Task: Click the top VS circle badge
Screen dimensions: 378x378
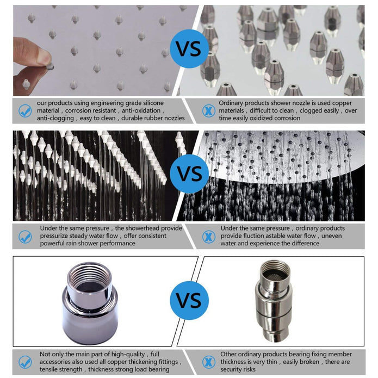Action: pos(189,49)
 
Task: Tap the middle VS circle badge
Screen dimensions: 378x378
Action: pos(189,174)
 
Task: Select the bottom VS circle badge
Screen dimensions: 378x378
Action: pos(189,300)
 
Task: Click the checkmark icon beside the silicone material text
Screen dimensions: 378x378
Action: pos(25,111)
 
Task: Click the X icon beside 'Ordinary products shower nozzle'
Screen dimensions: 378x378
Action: pos(208,111)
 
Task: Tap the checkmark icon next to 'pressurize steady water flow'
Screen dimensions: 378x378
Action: pos(25,237)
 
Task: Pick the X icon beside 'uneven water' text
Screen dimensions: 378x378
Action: pos(208,237)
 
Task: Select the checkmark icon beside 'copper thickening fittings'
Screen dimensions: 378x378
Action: pos(25,362)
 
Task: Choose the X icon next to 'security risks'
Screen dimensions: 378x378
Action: pos(208,362)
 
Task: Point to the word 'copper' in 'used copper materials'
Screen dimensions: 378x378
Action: pos(342,103)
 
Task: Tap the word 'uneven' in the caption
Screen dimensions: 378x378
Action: pos(331,236)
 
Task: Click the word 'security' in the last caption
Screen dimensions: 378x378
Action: pos(231,369)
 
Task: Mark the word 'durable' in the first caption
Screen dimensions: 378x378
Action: pos(132,118)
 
